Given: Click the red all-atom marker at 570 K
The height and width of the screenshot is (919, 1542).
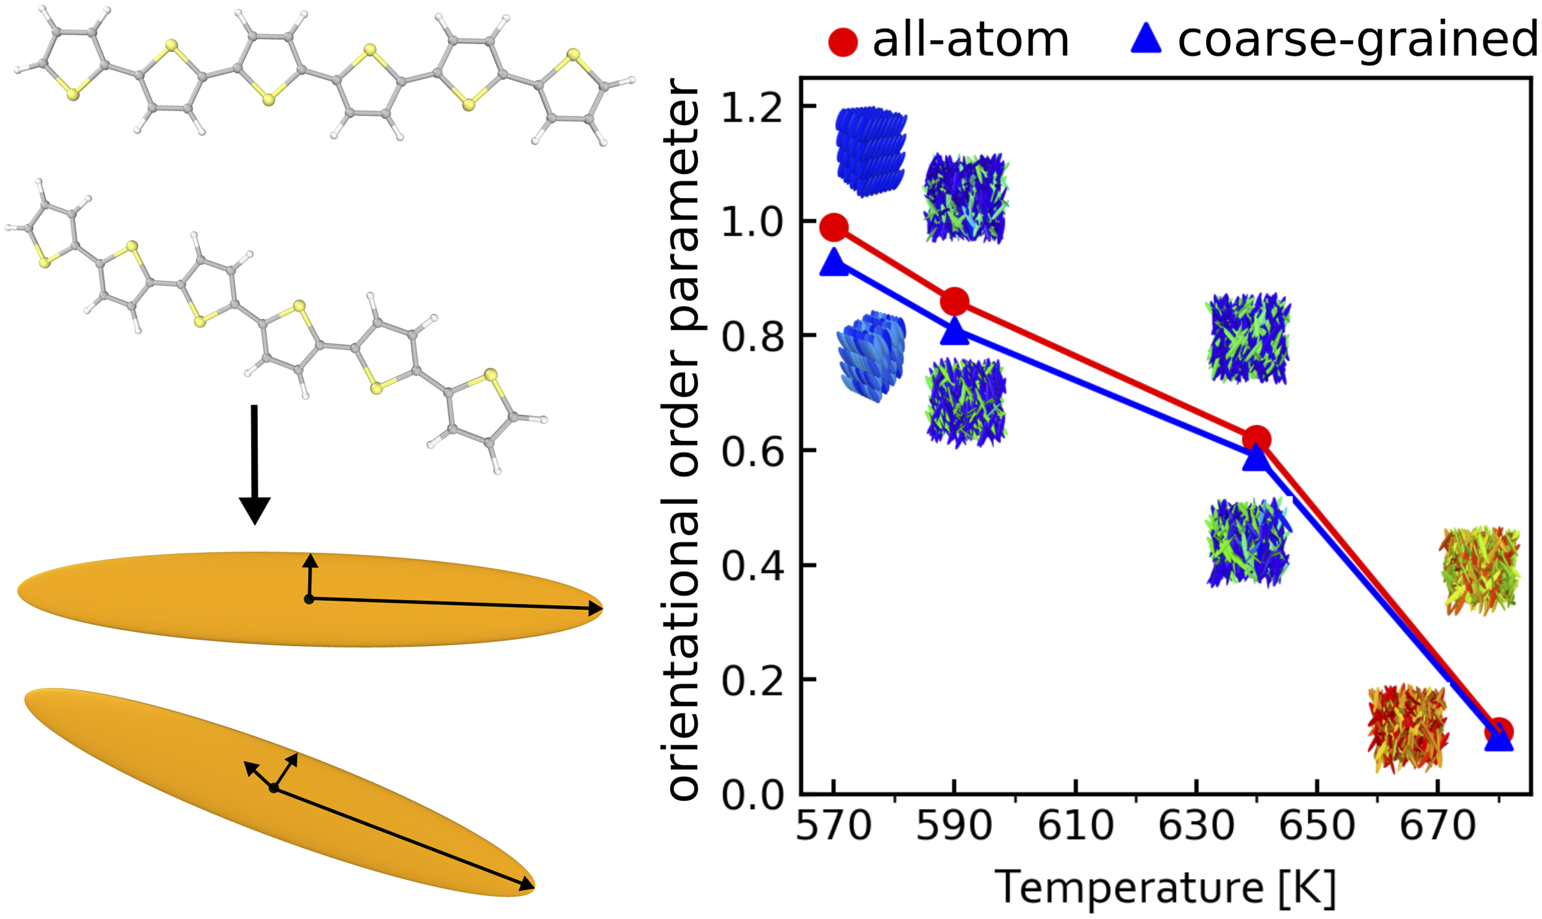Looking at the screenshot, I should pyautogui.click(x=834, y=228).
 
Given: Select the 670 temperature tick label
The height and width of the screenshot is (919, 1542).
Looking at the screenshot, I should pyautogui.click(x=1437, y=826).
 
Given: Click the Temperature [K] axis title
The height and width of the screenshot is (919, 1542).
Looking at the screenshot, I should pyautogui.click(x=1165, y=887).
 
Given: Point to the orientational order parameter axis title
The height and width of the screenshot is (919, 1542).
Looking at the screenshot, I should pyautogui.click(x=681, y=440).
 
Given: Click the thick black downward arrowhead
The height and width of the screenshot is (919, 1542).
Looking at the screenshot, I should pyautogui.click(x=255, y=509).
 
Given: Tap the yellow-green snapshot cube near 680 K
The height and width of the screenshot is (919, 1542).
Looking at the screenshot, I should pyautogui.click(x=1480, y=570).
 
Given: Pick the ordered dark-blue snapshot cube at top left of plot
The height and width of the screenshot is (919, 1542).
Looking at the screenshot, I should pyautogui.click(x=871, y=151).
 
